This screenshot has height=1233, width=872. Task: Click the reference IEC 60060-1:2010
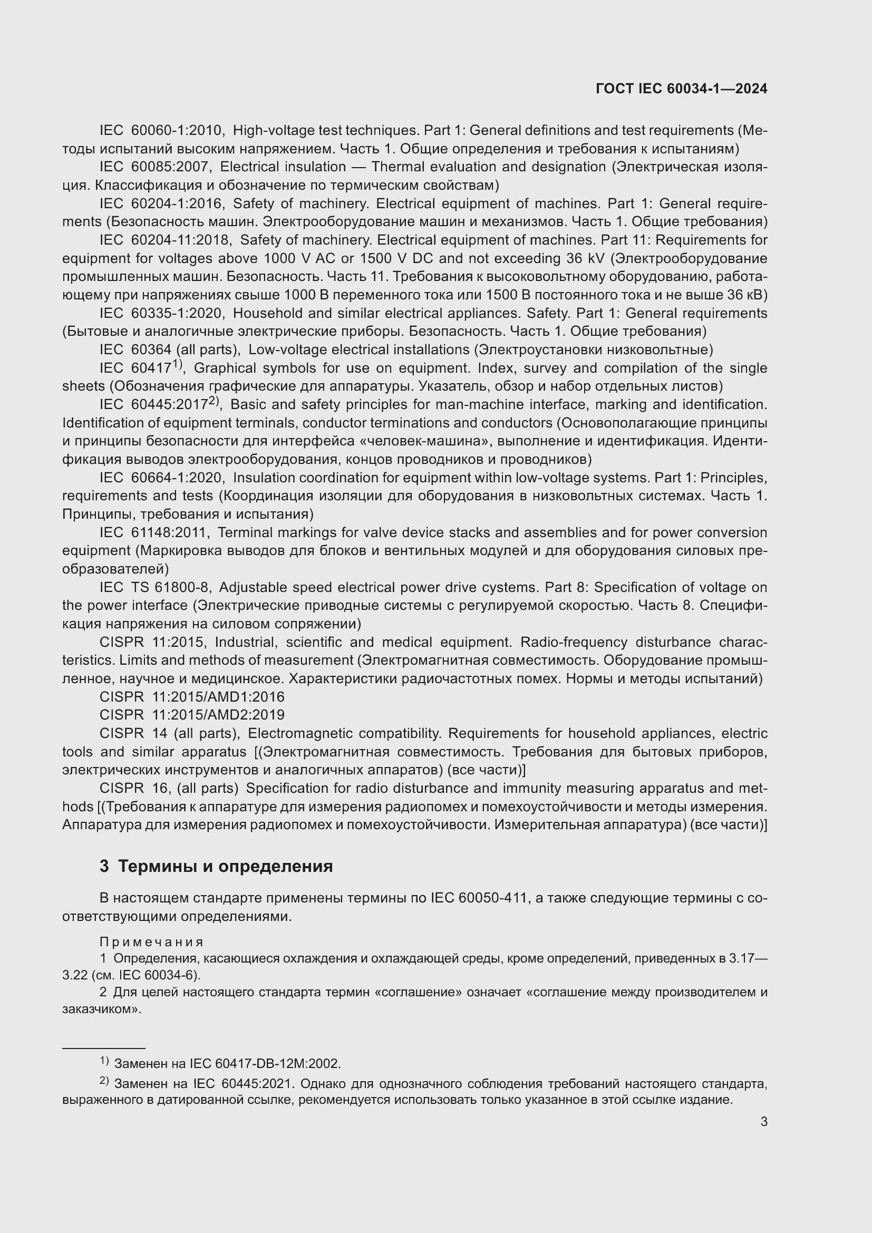[161, 131]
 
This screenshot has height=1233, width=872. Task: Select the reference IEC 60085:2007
[153, 167]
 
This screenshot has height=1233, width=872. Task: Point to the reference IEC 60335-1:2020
[162, 313]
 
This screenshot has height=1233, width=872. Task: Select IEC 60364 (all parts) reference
[169, 350]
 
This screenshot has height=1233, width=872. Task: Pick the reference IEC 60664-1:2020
[162, 478]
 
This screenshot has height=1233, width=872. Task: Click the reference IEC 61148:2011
[153, 533]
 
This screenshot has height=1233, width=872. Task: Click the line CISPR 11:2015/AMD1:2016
[192, 697]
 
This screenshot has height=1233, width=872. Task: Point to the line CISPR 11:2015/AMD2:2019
[192, 715]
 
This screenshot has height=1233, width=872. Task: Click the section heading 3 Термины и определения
[216, 866]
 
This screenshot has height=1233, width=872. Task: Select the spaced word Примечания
[151, 942]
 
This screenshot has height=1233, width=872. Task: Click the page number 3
[763, 1122]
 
